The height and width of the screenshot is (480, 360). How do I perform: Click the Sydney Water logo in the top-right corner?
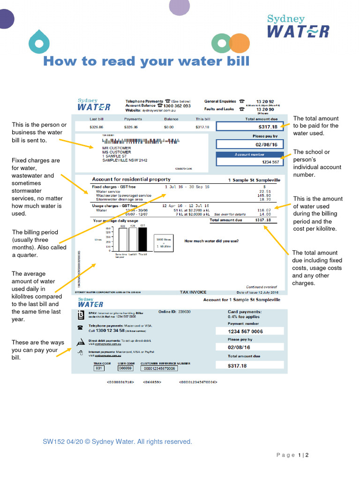pos(298,26)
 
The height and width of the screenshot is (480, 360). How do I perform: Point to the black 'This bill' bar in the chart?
pos(142,239)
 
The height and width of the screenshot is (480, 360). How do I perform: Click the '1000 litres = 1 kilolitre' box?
pos(165,242)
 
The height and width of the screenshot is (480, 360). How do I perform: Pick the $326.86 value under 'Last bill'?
pos(96,127)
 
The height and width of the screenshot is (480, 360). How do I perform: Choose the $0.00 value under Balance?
pos(169,127)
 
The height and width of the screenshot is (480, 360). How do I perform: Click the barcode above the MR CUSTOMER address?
pos(141,141)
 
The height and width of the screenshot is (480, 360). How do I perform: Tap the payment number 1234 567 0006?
pos(245,331)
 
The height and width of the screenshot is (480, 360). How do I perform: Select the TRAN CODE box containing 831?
pos(99,368)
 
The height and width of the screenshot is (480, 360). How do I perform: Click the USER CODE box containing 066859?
pos(125,368)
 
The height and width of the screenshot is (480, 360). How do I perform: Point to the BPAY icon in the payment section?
pos(80,314)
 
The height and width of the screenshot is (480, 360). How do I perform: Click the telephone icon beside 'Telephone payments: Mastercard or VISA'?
pos(80,328)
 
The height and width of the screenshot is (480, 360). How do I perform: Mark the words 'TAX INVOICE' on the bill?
pos(193,292)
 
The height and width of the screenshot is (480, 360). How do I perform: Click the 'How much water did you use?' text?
pos(211,241)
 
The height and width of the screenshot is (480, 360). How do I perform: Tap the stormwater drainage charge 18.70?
pos(264,200)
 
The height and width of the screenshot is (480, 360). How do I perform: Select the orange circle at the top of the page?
pos(240,43)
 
